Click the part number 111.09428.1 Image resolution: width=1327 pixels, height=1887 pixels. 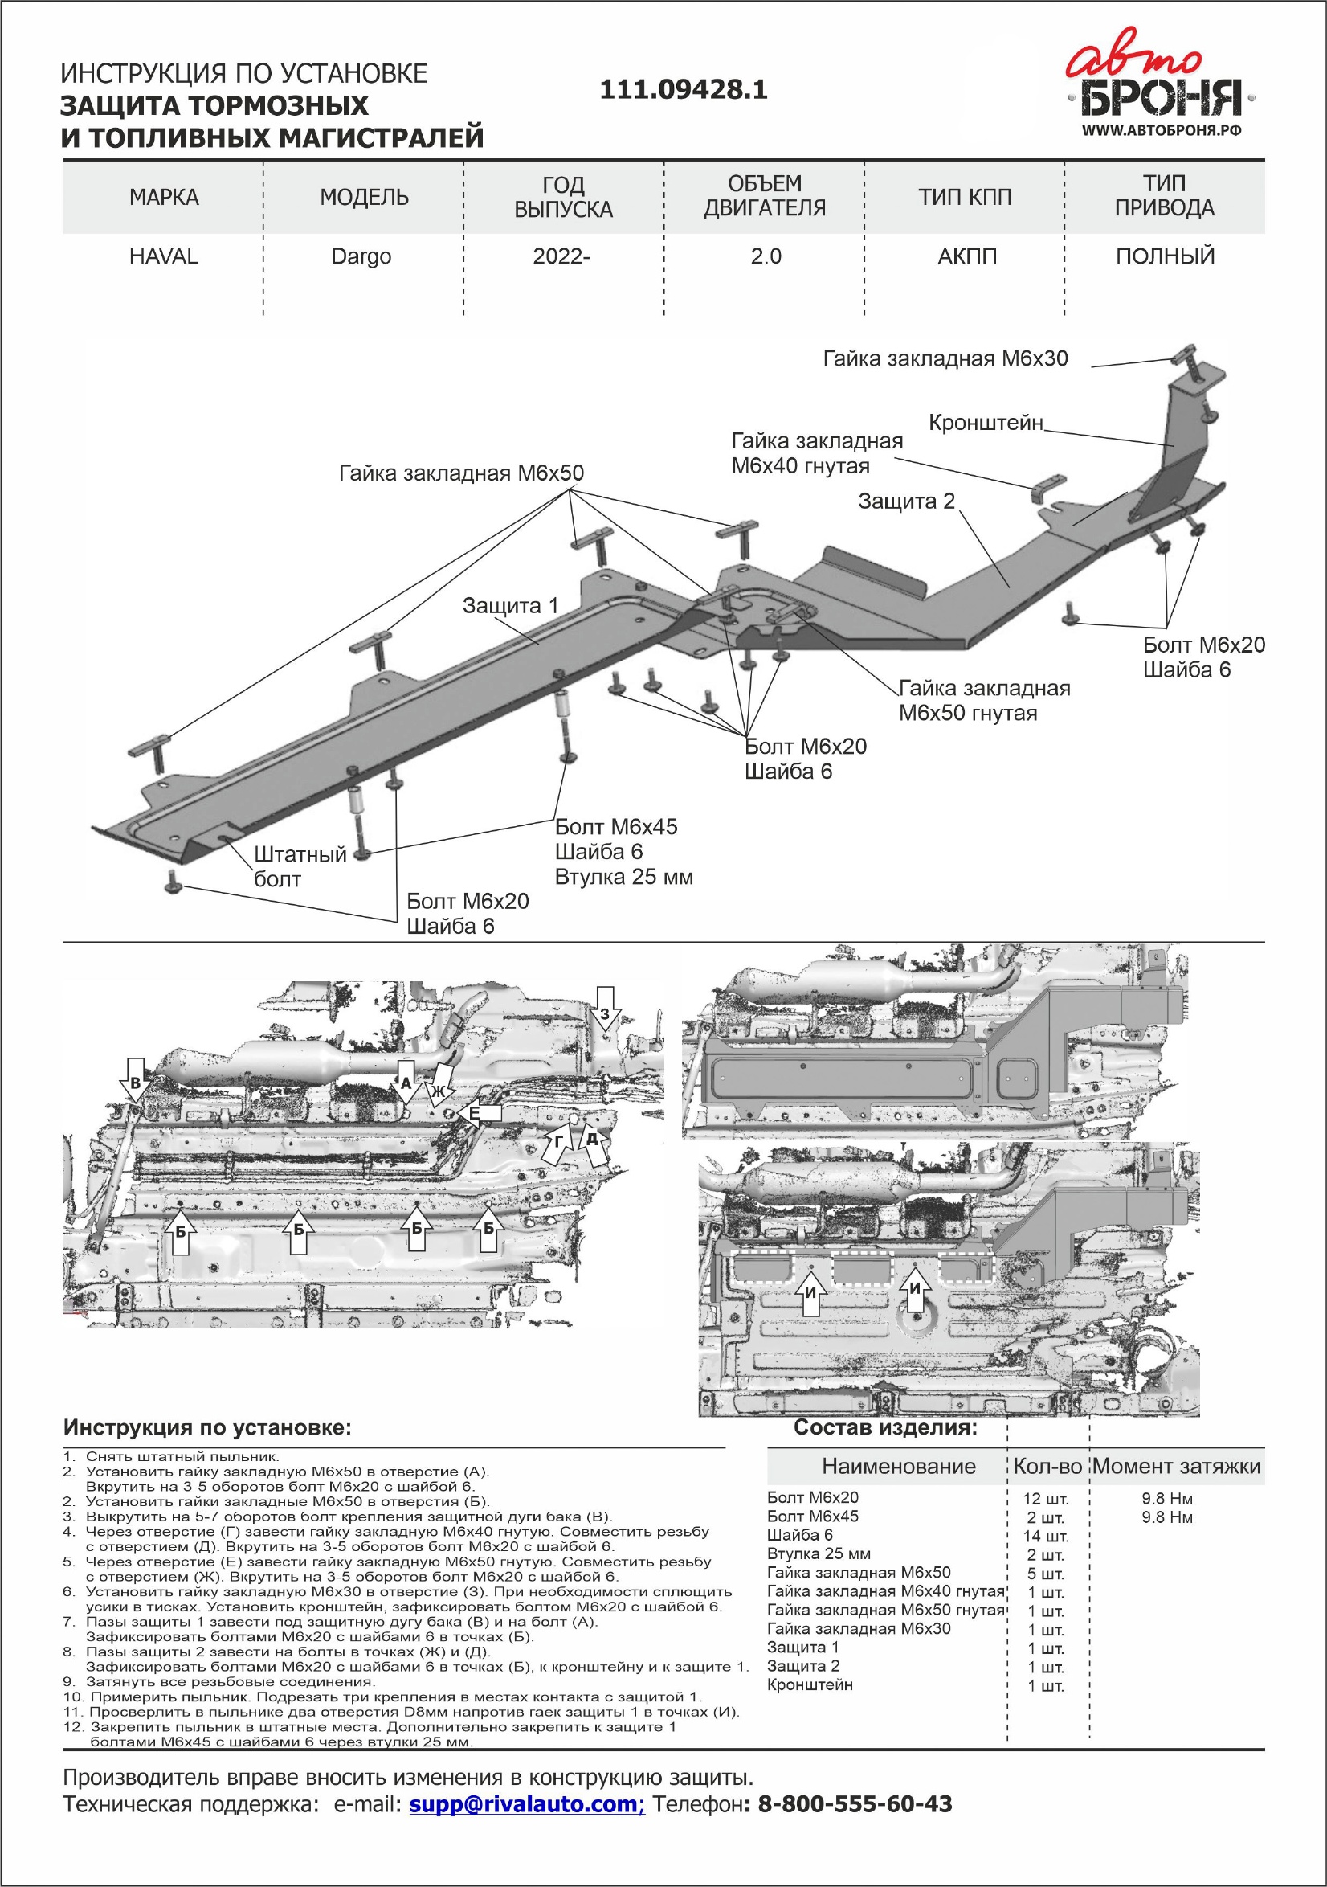[683, 89]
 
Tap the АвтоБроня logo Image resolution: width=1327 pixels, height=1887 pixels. [1159, 86]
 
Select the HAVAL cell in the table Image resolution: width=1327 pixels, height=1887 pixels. [164, 256]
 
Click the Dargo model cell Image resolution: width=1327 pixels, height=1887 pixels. [361, 256]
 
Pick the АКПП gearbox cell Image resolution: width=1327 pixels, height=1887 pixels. [966, 256]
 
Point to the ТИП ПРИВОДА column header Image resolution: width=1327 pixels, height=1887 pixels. [1163, 195]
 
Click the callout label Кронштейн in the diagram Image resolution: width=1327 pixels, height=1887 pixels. [985, 423]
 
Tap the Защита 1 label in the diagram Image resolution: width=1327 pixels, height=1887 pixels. [510, 606]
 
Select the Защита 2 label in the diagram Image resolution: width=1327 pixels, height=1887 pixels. [906, 501]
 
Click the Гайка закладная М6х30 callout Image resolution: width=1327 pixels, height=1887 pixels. [945, 358]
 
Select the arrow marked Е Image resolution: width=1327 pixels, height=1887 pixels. [480, 1114]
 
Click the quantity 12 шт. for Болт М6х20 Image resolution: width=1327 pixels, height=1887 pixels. [1045, 1499]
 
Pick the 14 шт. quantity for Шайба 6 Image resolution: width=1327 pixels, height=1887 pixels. [1045, 1536]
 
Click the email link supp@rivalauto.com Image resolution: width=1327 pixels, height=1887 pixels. [526, 1804]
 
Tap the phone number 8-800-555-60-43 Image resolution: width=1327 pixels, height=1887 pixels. [854, 1804]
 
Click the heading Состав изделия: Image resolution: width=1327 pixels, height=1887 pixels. [885, 1427]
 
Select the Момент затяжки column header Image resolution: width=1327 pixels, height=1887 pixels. [1176, 1465]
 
